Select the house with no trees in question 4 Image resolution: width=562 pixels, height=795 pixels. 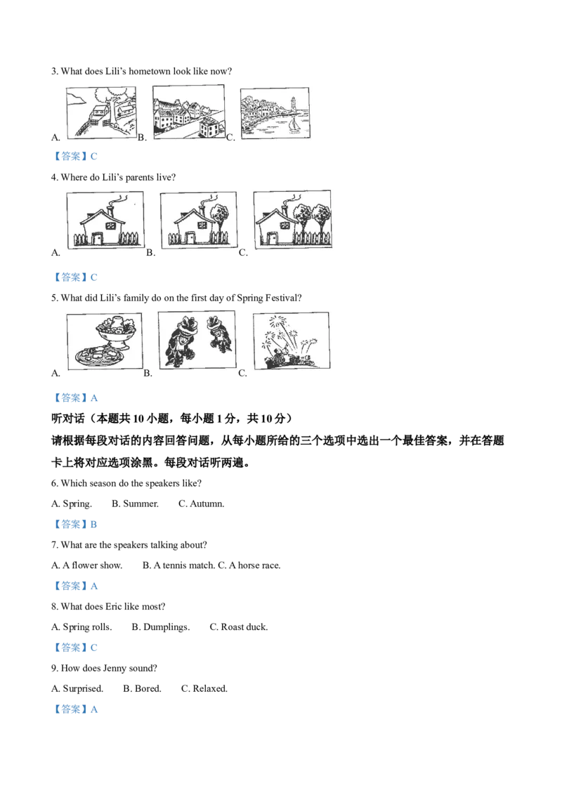pos(105,220)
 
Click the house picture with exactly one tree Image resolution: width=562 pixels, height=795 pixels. pos(198,220)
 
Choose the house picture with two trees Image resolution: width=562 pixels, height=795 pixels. pos(292,219)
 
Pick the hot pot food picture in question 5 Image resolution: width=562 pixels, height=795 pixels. pos(105,341)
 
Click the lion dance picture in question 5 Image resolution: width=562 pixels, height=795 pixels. pos(197,340)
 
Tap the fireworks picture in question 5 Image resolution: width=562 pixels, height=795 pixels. pos(291,340)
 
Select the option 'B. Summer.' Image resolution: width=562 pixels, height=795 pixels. pos(135,504)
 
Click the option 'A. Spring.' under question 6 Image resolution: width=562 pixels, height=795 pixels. pos(72,504)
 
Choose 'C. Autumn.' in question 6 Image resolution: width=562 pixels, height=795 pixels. pos(202,504)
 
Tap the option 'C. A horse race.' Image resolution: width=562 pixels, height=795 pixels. pos(249,565)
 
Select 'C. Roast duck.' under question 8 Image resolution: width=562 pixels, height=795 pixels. pos(238,626)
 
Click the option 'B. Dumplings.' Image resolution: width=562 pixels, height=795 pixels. pos(161,627)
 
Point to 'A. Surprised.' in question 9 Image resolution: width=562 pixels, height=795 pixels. pos(77,688)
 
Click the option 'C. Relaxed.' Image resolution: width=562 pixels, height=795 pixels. pos(204,688)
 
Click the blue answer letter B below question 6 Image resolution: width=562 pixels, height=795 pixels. pos(93,524)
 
